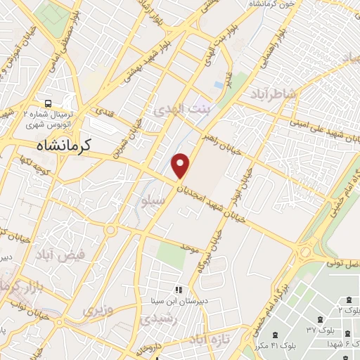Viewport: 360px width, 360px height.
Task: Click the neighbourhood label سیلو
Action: click(153, 200)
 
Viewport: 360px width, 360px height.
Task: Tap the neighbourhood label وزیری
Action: click(97, 309)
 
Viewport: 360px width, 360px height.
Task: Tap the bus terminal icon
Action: click(47, 103)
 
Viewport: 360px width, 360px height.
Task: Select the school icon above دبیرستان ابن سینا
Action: click(179, 290)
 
